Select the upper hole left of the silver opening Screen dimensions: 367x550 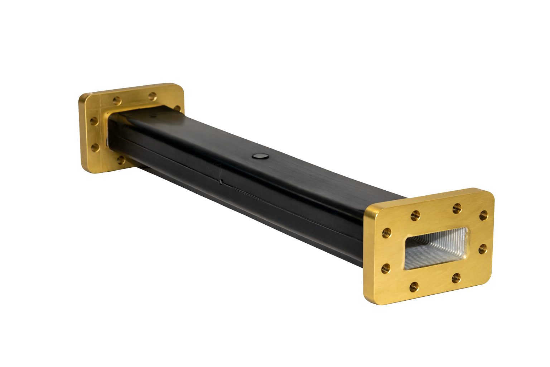click(x=386, y=232)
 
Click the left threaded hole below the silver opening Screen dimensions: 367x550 click(x=414, y=286)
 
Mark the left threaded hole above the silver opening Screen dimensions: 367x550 click(x=415, y=215)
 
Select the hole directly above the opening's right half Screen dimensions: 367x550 click(x=457, y=208)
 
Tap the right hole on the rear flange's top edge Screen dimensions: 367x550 click(x=153, y=96)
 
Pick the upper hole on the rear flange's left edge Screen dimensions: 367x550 click(x=94, y=121)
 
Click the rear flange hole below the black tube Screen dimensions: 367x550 click(x=120, y=160)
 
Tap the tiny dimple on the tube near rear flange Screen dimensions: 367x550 click(x=154, y=116)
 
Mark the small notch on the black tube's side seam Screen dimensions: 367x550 click(x=221, y=182)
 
